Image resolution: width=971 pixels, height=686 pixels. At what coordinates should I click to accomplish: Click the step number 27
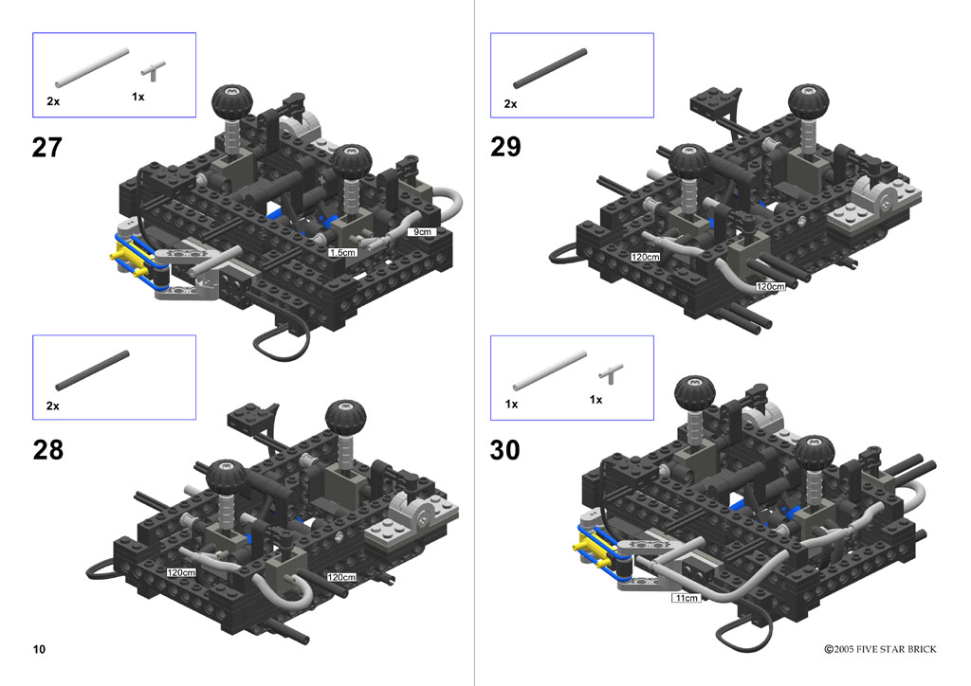[x=47, y=147]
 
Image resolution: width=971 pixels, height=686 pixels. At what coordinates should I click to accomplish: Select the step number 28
[x=47, y=450]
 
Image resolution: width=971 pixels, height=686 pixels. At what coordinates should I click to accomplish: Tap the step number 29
[x=506, y=147]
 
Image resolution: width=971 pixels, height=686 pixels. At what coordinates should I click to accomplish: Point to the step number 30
[x=505, y=450]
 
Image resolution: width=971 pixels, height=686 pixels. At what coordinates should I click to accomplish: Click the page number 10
[x=39, y=649]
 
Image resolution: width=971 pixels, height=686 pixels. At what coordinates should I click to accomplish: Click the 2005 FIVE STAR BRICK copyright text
[x=880, y=649]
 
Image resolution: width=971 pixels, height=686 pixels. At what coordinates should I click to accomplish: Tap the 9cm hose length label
[x=422, y=232]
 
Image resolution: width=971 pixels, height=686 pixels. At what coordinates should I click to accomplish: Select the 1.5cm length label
[x=342, y=252]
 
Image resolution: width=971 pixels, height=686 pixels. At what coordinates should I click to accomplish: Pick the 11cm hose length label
[x=687, y=598]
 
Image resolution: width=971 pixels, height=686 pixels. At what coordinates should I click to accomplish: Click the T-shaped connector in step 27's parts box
[x=153, y=70]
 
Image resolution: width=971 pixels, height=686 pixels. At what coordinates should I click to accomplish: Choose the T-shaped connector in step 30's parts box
[x=611, y=373]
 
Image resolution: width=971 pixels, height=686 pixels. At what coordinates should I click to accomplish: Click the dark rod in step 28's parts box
[x=92, y=370]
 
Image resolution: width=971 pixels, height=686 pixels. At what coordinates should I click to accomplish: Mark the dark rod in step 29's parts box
[x=550, y=68]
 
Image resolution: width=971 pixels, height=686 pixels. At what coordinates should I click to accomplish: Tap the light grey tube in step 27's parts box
[x=92, y=68]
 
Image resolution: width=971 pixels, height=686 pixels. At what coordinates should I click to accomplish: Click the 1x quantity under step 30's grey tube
[x=511, y=404]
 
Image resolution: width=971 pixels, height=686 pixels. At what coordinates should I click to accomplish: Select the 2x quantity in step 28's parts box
[x=53, y=406]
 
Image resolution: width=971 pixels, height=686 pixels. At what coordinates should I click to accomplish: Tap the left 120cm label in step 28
[x=181, y=573]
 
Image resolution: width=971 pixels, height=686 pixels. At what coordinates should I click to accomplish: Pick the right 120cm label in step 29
[x=770, y=286]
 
